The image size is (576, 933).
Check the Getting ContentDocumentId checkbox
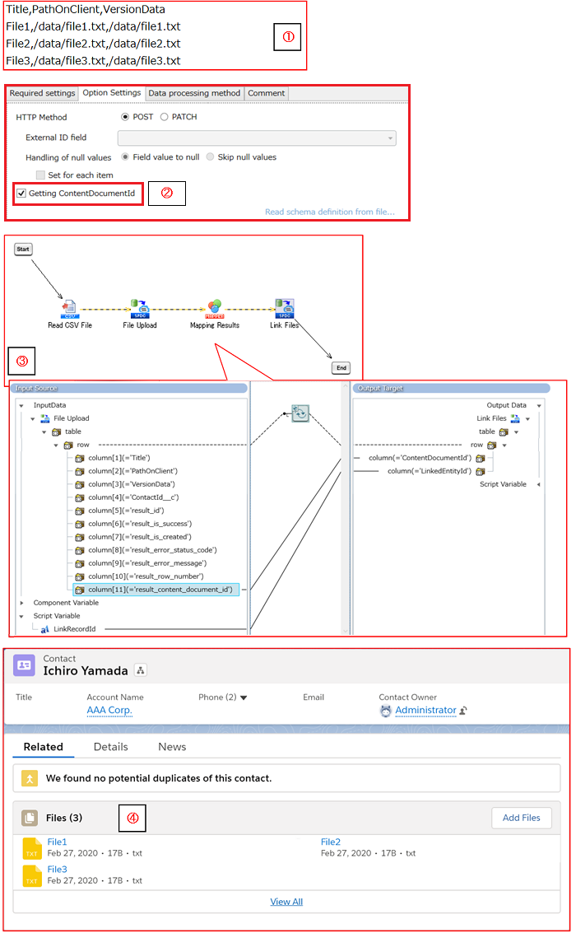click(21, 194)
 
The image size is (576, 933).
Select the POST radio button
click(125, 117)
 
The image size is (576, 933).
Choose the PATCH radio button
click(165, 117)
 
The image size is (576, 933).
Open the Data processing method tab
click(194, 93)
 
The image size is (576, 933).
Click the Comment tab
click(266, 93)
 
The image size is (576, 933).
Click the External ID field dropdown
click(257, 138)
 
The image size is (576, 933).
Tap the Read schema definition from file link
click(329, 212)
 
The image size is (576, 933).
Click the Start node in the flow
click(23, 249)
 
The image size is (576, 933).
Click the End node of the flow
click(341, 368)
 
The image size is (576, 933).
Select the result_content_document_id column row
click(160, 590)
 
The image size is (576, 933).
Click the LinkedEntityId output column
click(430, 471)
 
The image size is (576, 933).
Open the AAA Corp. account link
click(109, 710)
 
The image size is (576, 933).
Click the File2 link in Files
click(331, 842)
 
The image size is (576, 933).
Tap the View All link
click(286, 902)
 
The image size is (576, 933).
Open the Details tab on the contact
click(111, 747)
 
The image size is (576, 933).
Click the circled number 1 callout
click(288, 37)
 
